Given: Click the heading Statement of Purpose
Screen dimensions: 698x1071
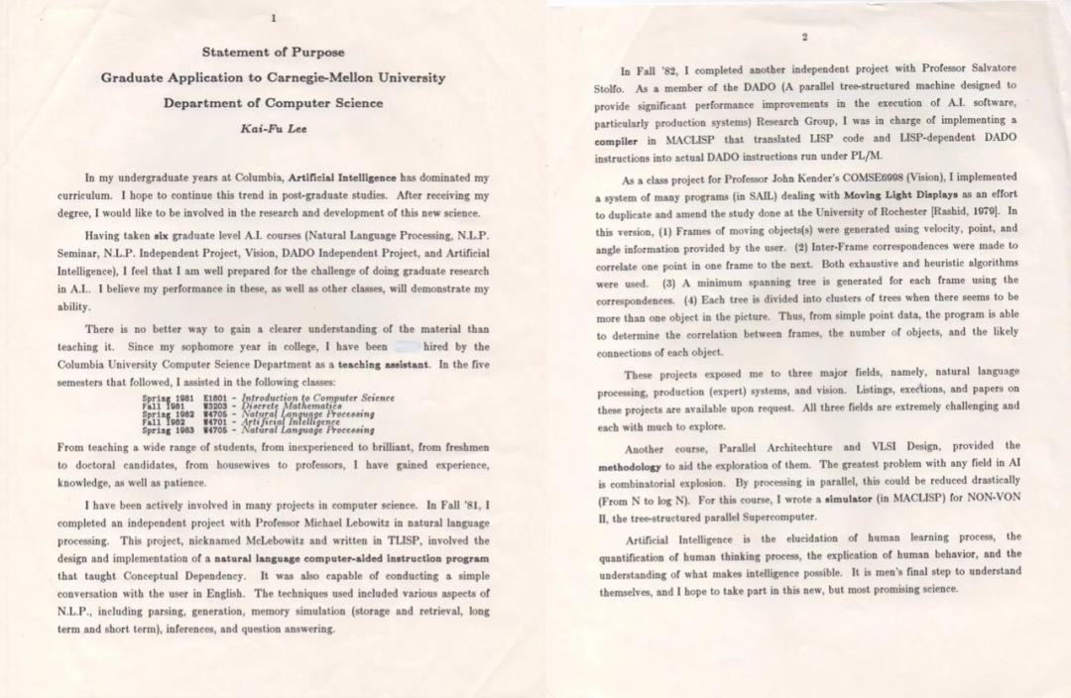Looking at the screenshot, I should click(x=273, y=52).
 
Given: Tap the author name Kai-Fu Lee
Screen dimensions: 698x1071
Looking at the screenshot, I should click(x=273, y=128).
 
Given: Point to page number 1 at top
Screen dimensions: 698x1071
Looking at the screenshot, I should click(x=273, y=17).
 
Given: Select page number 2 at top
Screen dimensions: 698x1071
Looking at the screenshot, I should click(x=804, y=37).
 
